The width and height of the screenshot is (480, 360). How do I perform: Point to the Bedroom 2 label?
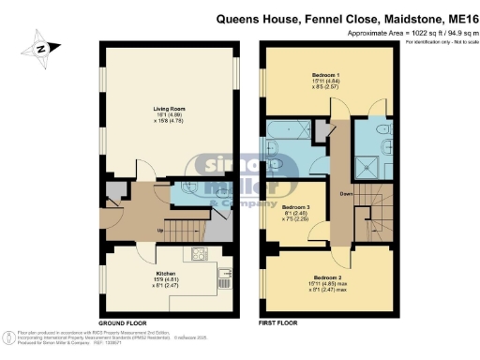[326, 279]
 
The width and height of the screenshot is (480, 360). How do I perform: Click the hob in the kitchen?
[200, 254]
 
